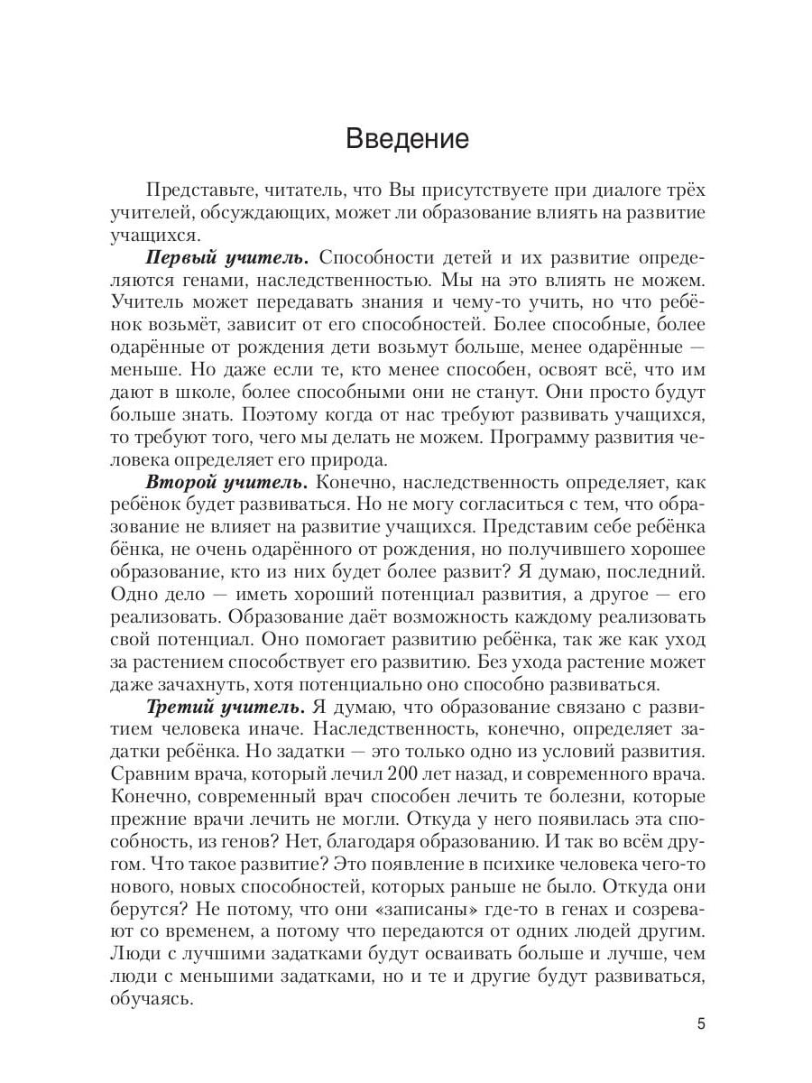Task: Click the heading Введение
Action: point(407,139)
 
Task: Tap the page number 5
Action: point(701,1023)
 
